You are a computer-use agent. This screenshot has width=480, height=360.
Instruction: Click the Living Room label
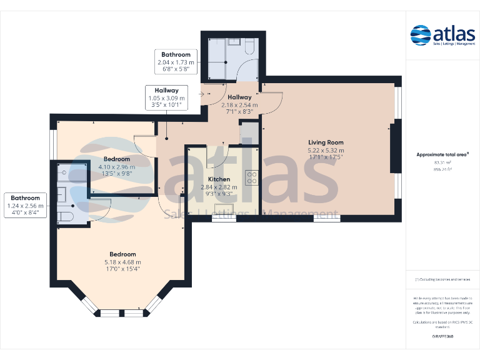click(x=326, y=142)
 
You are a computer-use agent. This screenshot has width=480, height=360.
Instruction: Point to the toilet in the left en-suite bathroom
click(x=64, y=216)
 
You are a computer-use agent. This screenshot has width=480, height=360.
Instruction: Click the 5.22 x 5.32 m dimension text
click(x=326, y=151)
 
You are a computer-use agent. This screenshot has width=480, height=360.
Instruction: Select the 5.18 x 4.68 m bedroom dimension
click(x=122, y=262)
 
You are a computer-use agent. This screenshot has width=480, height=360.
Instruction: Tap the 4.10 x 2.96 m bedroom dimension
click(x=117, y=167)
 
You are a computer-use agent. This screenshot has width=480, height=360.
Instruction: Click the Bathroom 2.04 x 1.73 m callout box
click(x=176, y=62)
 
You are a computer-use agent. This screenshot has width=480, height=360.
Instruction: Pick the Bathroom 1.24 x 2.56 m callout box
click(x=26, y=205)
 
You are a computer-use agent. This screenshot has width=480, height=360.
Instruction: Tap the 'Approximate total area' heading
click(x=442, y=154)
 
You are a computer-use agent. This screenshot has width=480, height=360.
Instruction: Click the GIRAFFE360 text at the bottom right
click(x=442, y=337)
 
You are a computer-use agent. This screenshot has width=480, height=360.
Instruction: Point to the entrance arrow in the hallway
click(x=201, y=94)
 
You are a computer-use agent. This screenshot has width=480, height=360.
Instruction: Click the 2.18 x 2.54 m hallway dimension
click(x=239, y=105)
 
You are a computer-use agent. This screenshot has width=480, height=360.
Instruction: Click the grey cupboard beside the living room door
click(x=249, y=133)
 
